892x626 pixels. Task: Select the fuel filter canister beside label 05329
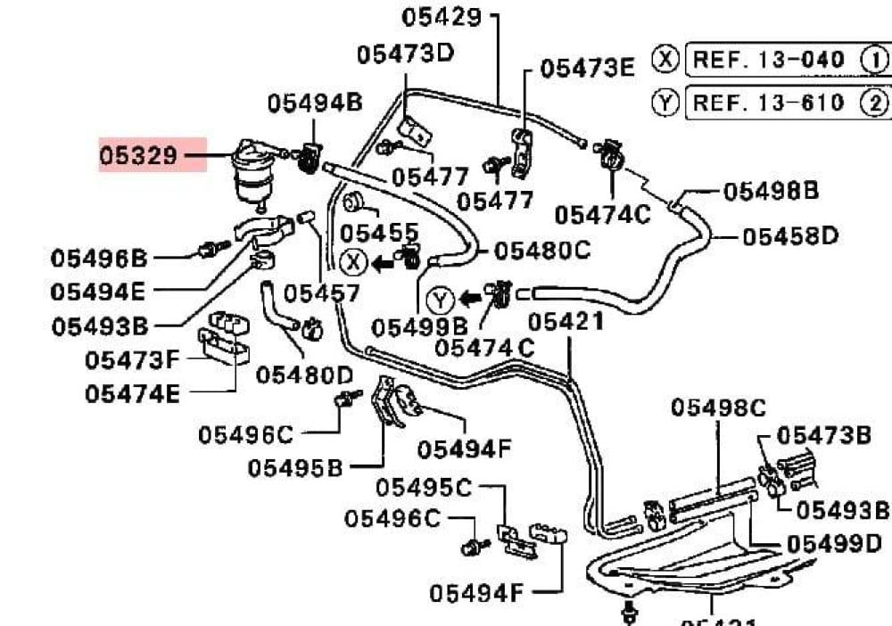pos(252,173)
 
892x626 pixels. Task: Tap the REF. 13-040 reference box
pos(768,60)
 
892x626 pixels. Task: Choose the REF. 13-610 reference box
pos(768,103)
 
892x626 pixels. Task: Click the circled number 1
pos(875,60)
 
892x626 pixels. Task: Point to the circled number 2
pos(875,103)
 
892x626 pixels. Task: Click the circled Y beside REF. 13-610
pos(665,103)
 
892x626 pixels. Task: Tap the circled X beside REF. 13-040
pos(665,60)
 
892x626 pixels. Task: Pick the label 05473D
pos(406,54)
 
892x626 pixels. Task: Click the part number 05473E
pos(588,68)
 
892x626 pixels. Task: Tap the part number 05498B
pos(771,191)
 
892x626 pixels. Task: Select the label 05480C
pos(542,251)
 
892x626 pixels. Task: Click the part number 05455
pos(380,233)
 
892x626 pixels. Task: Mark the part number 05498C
pos(718,408)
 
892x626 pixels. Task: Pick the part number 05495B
pos(295,466)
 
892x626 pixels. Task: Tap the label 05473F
pos(133,360)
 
